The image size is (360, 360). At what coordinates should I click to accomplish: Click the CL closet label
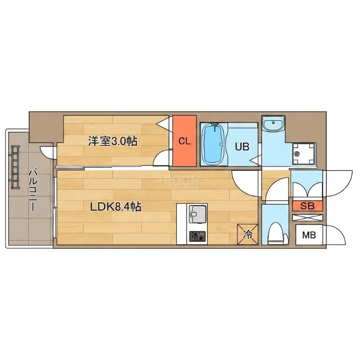(184, 141)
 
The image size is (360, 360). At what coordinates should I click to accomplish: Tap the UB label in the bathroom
(242, 147)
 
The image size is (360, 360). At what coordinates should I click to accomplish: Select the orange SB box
(307, 206)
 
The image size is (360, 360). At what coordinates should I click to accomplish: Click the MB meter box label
(309, 235)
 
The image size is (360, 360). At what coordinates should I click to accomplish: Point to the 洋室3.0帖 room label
(113, 141)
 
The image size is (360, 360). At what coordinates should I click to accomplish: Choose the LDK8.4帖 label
(116, 207)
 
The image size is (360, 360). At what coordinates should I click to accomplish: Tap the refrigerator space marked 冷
(247, 234)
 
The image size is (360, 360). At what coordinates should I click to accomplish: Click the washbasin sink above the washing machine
(273, 124)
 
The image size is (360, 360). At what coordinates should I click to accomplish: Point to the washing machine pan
(304, 153)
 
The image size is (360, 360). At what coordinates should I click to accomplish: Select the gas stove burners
(197, 236)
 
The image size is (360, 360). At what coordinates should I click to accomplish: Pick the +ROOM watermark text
(178, 181)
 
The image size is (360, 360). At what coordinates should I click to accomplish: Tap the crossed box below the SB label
(307, 218)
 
